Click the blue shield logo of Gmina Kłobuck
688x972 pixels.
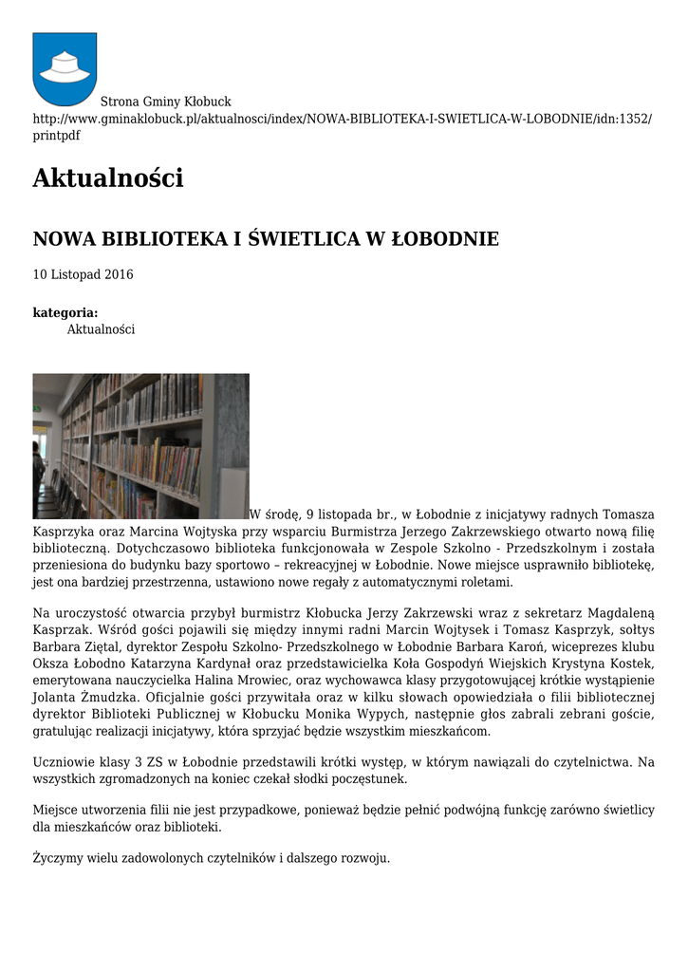pos(65,68)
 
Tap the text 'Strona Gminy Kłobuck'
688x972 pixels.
pos(165,102)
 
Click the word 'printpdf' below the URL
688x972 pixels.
pos(57,136)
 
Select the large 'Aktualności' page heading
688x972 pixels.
pos(107,178)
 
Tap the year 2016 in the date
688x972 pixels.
pos(119,275)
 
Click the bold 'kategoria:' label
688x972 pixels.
pos(65,312)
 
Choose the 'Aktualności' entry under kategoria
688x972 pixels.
pos(101,329)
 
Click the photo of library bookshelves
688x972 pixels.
pos(140,445)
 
